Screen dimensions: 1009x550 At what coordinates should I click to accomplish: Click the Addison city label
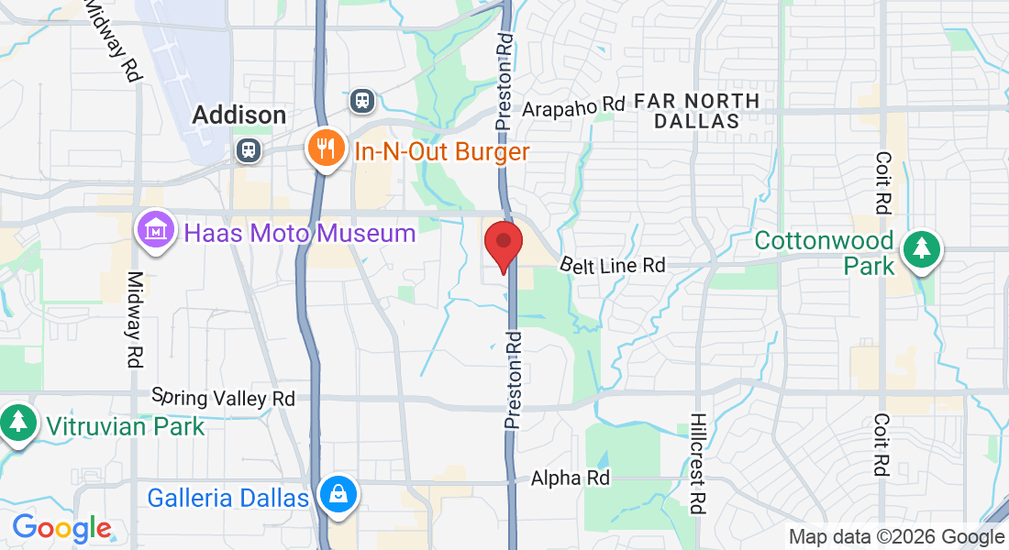(238, 115)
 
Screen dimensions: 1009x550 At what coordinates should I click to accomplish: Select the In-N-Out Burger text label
(442, 151)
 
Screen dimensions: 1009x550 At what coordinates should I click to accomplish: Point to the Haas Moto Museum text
(300, 233)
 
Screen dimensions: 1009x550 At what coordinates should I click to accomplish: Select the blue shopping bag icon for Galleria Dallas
(338, 496)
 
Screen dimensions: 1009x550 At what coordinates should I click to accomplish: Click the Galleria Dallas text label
(227, 498)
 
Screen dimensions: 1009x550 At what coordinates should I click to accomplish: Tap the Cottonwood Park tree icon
(921, 251)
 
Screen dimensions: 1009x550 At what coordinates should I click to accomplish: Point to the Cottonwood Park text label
(824, 253)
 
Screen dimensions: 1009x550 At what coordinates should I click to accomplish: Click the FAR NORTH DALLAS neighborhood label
(696, 110)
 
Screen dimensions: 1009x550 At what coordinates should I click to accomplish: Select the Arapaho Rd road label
(573, 108)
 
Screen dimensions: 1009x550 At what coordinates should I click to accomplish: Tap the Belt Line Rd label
(613, 265)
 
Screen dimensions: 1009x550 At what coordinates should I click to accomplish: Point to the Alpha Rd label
(571, 478)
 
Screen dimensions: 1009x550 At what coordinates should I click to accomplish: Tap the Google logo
(61, 528)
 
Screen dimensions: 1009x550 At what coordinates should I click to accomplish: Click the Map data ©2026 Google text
(897, 537)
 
